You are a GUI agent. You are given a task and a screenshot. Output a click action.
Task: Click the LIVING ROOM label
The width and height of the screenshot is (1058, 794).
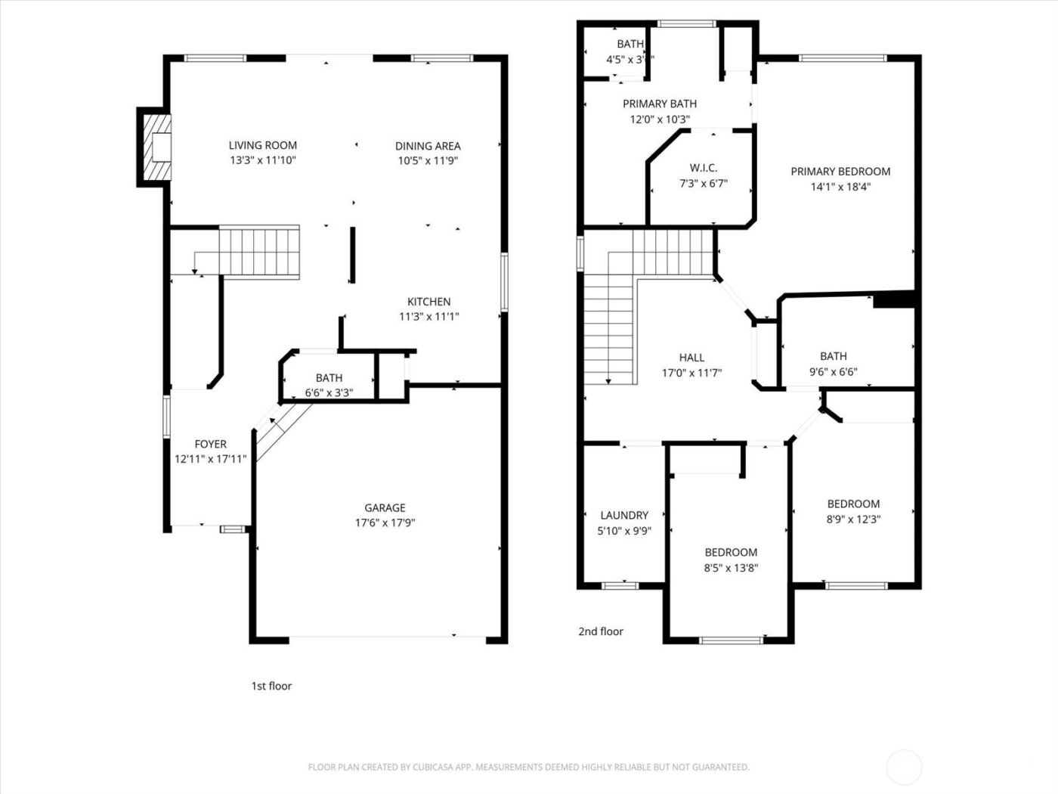point(263,145)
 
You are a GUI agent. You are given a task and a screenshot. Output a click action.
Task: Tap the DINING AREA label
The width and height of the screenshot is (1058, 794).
point(428,146)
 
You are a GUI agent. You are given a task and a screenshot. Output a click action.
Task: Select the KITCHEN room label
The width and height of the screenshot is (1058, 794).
point(429,302)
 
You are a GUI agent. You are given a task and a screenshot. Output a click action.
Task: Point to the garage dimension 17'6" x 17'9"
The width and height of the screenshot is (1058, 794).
point(385,523)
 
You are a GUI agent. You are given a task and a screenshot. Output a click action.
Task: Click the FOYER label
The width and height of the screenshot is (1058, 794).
point(210,444)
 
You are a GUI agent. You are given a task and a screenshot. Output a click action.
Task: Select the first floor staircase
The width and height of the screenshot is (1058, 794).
point(258,252)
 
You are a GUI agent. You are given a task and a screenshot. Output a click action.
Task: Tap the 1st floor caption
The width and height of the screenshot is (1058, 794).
point(271,686)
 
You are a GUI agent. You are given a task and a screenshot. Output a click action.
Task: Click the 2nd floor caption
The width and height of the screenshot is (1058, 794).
point(601,631)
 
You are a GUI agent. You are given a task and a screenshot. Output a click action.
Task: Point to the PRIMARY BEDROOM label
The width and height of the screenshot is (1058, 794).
point(840,172)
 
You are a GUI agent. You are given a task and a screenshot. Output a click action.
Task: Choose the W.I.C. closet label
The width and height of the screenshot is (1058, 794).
point(703,168)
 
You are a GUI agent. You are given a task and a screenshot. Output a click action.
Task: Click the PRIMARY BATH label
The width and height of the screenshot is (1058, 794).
point(660,104)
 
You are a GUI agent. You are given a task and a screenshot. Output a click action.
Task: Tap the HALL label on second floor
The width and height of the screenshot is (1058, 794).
point(691,358)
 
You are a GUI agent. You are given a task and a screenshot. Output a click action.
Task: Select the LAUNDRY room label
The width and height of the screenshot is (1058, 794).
point(624,515)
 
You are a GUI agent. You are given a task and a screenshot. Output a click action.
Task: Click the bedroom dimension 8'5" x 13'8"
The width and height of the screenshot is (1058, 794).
point(731,567)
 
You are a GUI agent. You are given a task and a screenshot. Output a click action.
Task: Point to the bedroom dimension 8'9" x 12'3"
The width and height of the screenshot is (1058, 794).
point(853,519)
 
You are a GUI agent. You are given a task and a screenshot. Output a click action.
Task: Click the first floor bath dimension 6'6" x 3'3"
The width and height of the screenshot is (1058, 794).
point(329,392)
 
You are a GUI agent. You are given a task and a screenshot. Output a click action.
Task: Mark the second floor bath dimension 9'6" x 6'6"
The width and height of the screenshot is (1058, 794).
point(834,371)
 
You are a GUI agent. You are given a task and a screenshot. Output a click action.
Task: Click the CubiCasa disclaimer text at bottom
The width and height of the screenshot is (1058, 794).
point(528,767)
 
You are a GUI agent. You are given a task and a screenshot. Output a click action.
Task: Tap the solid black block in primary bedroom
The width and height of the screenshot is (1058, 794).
point(895,300)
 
